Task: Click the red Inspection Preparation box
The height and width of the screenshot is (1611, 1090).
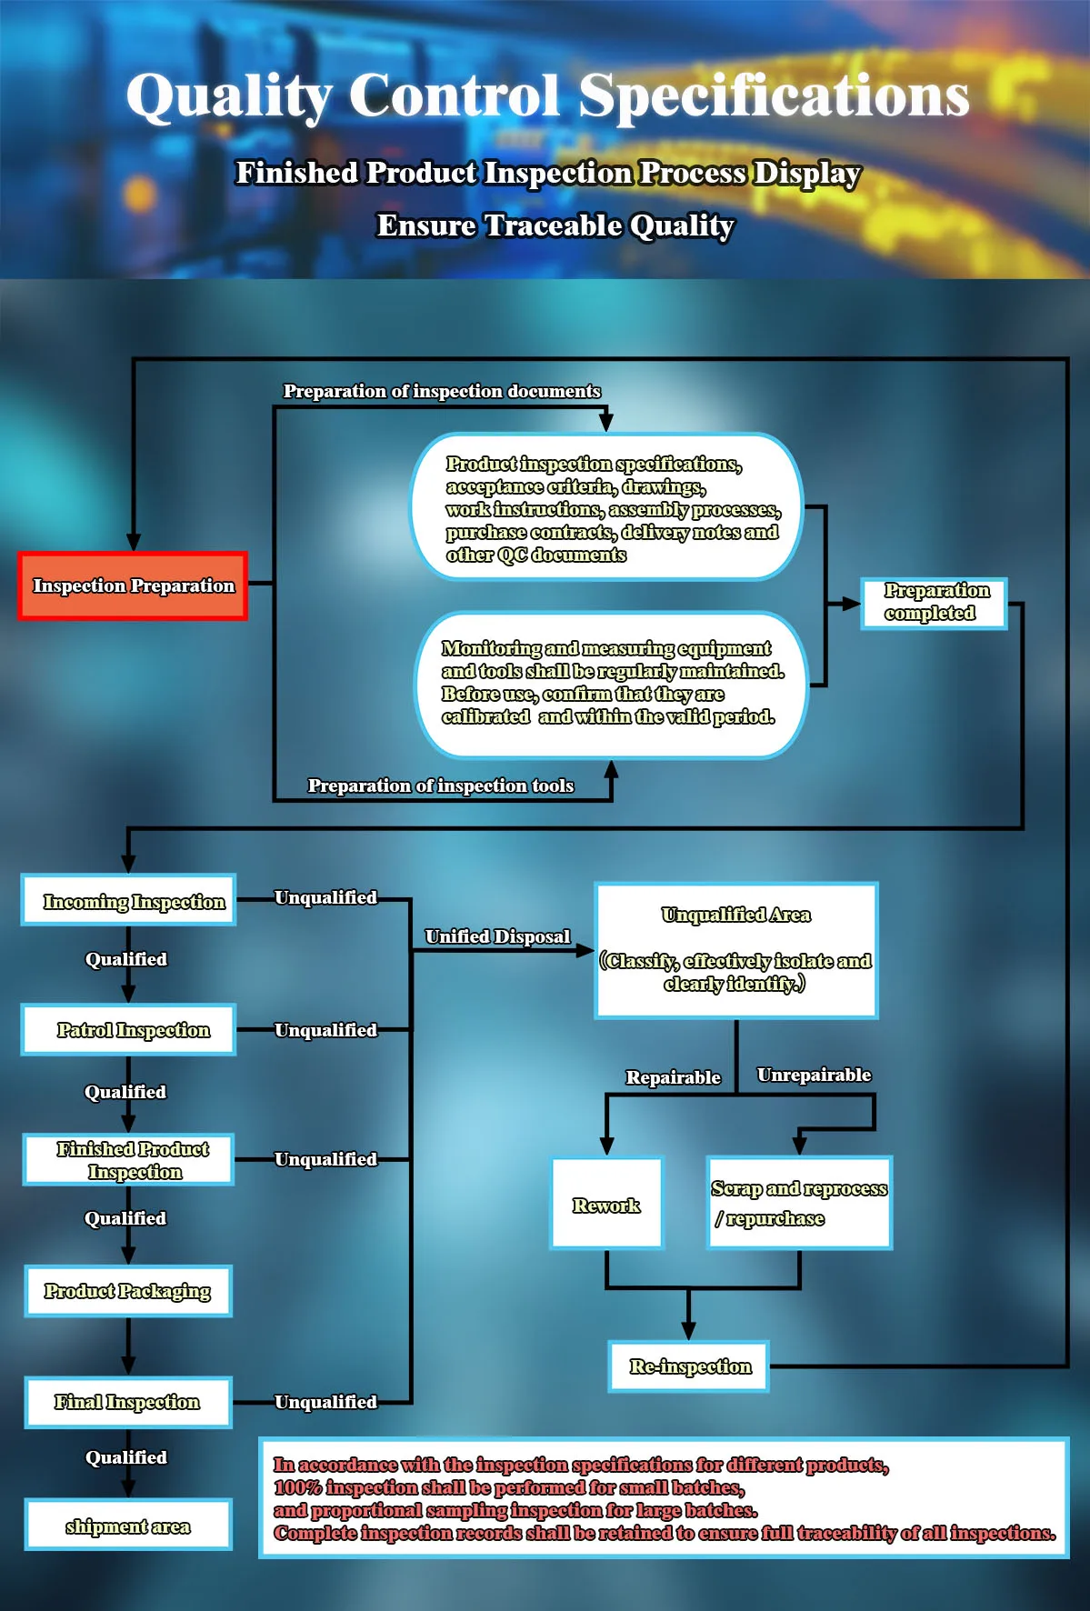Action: [x=133, y=586]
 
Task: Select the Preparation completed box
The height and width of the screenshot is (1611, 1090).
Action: [x=934, y=603]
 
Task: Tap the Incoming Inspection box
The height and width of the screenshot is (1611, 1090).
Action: [x=129, y=901]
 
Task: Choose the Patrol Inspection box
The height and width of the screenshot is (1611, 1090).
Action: [x=129, y=1030]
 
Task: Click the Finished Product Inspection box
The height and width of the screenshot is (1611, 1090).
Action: [x=129, y=1160]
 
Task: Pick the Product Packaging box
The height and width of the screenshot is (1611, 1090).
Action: [x=128, y=1291]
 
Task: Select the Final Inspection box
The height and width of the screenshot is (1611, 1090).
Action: [x=128, y=1402]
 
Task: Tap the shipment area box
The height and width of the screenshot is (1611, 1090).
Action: [x=128, y=1526]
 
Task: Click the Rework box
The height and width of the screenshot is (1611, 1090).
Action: [x=606, y=1204]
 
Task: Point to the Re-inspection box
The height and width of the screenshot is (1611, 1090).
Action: [x=689, y=1366]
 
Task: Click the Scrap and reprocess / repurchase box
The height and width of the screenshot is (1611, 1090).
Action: [x=799, y=1203]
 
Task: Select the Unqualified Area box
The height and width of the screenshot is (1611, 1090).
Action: [x=736, y=950]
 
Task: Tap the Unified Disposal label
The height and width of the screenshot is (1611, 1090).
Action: [x=497, y=936]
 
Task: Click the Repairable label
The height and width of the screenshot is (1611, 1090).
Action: [x=673, y=1077]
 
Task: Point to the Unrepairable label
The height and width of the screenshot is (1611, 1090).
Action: [x=814, y=1075]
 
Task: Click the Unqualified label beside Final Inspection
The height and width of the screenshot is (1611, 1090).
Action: [x=325, y=1402]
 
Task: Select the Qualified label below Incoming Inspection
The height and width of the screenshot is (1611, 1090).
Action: [x=126, y=959]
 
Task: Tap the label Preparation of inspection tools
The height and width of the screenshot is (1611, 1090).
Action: [x=441, y=785]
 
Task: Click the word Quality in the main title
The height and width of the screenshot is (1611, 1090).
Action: [x=229, y=95]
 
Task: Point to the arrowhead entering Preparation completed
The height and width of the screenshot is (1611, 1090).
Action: [x=852, y=603]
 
